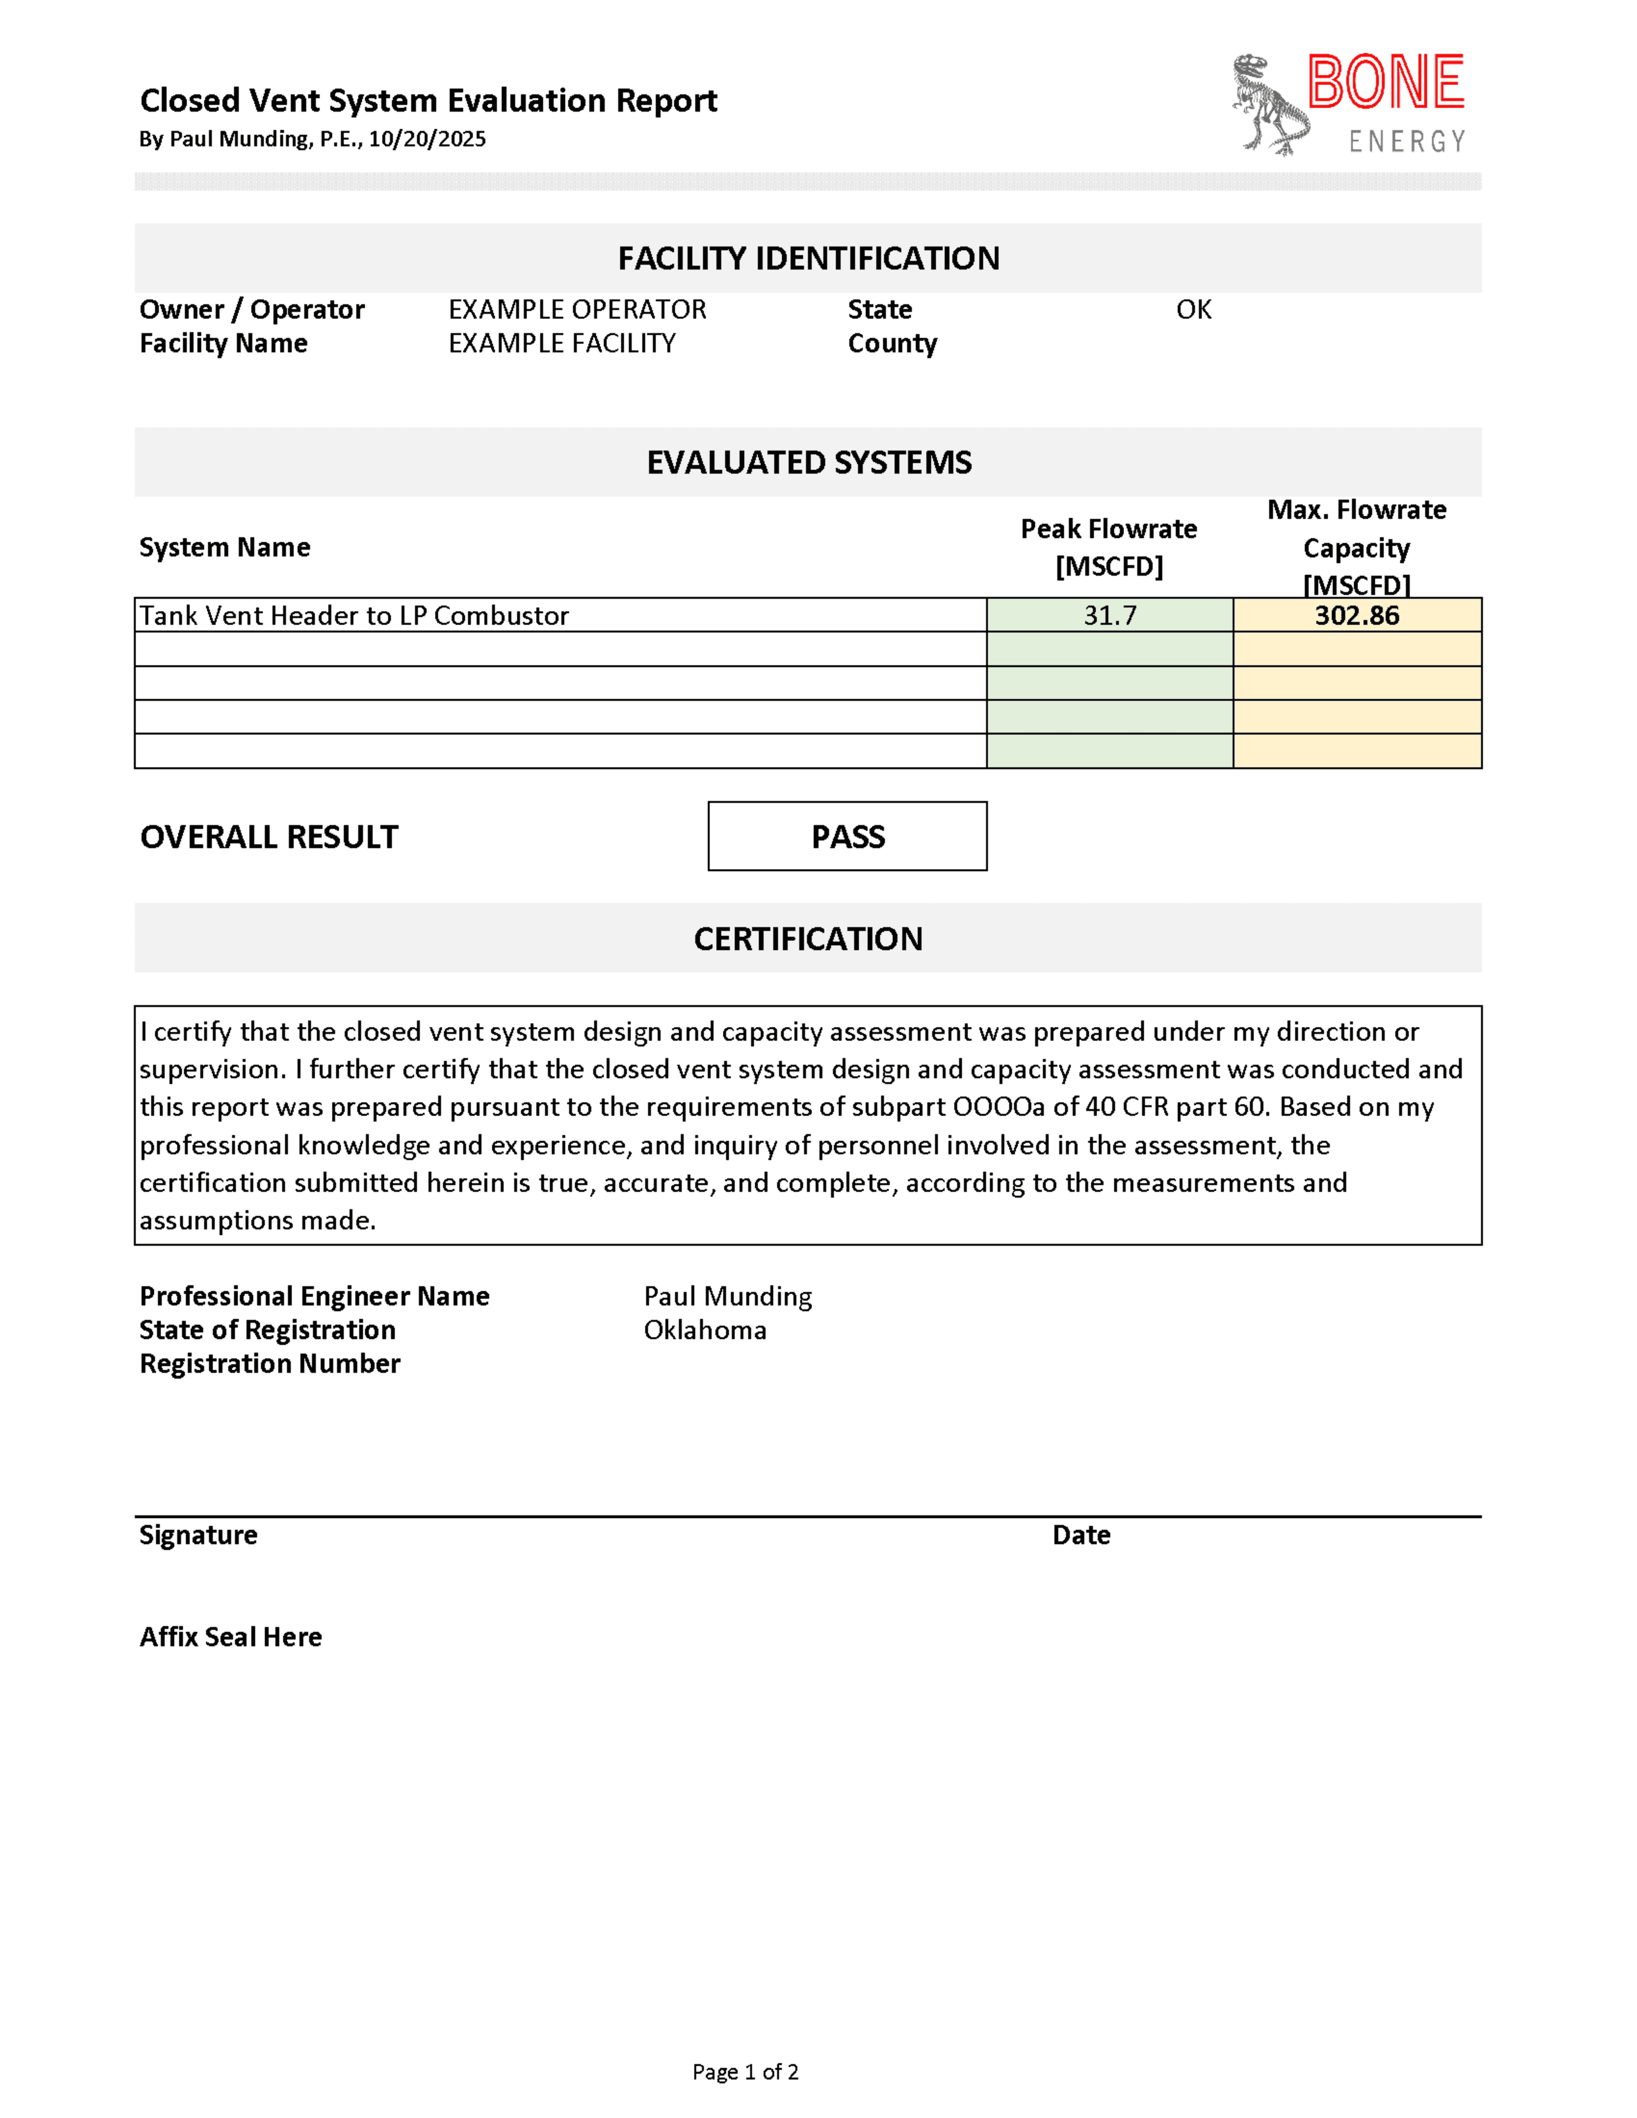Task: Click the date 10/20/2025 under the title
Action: tap(427, 139)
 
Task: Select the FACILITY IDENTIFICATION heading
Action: tap(808, 258)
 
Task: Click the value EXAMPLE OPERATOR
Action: tap(577, 309)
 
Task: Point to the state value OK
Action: tap(1194, 309)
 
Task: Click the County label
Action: tap(892, 343)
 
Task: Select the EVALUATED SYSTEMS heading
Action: tap(808, 463)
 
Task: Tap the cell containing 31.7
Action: tap(1109, 615)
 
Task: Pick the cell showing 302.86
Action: tap(1356, 615)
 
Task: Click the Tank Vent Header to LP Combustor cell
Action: tap(354, 615)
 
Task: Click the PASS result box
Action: tap(847, 836)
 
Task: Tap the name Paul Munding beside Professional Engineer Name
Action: tap(727, 1296)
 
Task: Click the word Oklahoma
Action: tap(705, 1330)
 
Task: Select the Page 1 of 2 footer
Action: tap(745, 2071)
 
